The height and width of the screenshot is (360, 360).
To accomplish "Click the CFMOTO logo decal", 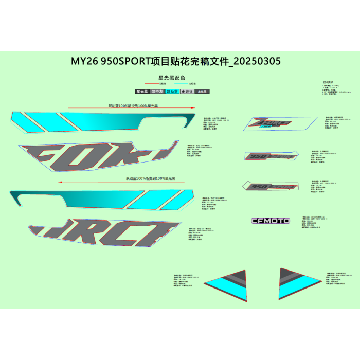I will [x=271, y=221].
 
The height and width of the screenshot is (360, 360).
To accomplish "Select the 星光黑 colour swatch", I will [x=142, y=92].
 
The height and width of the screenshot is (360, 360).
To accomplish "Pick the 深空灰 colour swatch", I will [x=157, y=92].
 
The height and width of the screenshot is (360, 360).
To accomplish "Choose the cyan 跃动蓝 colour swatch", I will [x=172, y=92].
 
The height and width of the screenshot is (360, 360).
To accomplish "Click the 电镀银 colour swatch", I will [x=187, y=92].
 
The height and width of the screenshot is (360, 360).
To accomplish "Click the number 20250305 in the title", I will [x=257, y=61].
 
